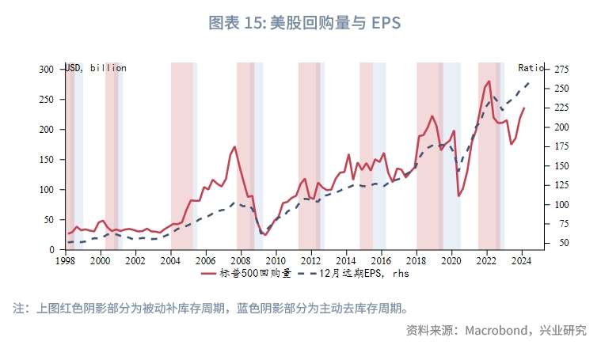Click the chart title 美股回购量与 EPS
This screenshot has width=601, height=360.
(299, 23)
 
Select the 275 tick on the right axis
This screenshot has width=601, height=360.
(562, 70)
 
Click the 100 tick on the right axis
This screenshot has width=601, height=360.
(562, 205)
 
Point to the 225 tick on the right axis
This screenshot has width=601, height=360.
(562, 108)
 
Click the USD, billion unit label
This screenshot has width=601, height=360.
(95, 68)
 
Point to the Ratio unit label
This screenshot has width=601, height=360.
(531, 68)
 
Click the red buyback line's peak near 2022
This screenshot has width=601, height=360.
(489, 81)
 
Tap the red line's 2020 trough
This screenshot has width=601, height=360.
(458, 195)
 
